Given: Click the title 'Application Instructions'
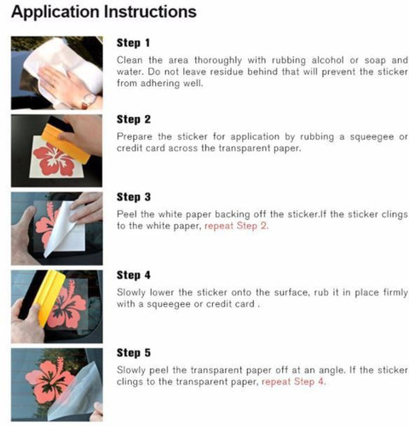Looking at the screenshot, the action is [x=104, y=13].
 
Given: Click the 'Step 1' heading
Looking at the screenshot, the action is [x=133, y=43].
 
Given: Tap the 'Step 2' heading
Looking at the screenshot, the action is [x=134, y=119].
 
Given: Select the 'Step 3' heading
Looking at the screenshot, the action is [x=134, y=197].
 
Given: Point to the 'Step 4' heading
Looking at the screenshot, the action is [x=134, y=275].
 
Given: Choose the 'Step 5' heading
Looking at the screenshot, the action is [x=134, y=353].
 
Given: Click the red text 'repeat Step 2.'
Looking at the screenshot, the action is [x=236, y=226].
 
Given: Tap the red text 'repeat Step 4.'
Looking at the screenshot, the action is [x=293, y=382].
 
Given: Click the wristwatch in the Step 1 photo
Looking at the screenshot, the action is [x=89, y=101].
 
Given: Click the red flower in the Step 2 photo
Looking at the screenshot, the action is [x=54, y=159].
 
